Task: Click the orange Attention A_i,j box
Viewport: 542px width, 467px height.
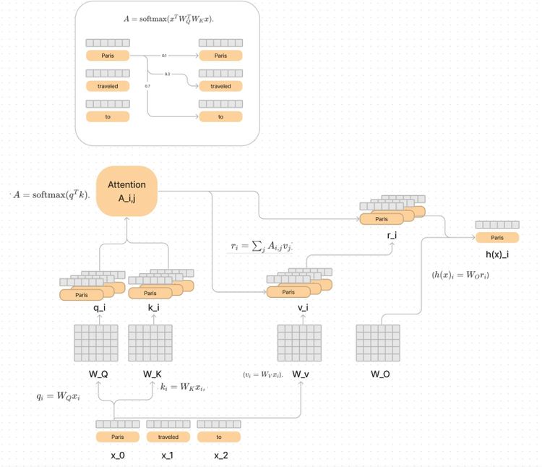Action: click(x=127, y=191)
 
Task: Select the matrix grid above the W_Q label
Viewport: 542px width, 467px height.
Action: click(x=96, y=343)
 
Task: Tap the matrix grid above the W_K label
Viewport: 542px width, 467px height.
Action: click(x=150, y=343)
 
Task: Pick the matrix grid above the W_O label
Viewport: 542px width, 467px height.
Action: click(x=378, y=343)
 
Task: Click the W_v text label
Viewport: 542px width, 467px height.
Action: click(x=301, y=374)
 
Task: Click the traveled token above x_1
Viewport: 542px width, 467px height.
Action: click(x=168, y=437)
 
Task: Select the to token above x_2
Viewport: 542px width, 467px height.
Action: click(x=218, y=437)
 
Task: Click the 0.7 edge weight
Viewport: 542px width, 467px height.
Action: click(x=147, y=86)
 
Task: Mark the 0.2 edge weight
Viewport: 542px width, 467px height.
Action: click(x=167, y=74)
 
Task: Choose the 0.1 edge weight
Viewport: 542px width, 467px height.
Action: click(x=164, y=56)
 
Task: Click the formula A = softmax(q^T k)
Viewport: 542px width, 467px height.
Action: click(x=51, y=195)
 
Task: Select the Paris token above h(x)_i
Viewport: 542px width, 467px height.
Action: click(x=496, y=238)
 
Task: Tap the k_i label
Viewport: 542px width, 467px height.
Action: click(x=154, y=307)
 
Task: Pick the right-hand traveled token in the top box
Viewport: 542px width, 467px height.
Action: click(x=220, y=86)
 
